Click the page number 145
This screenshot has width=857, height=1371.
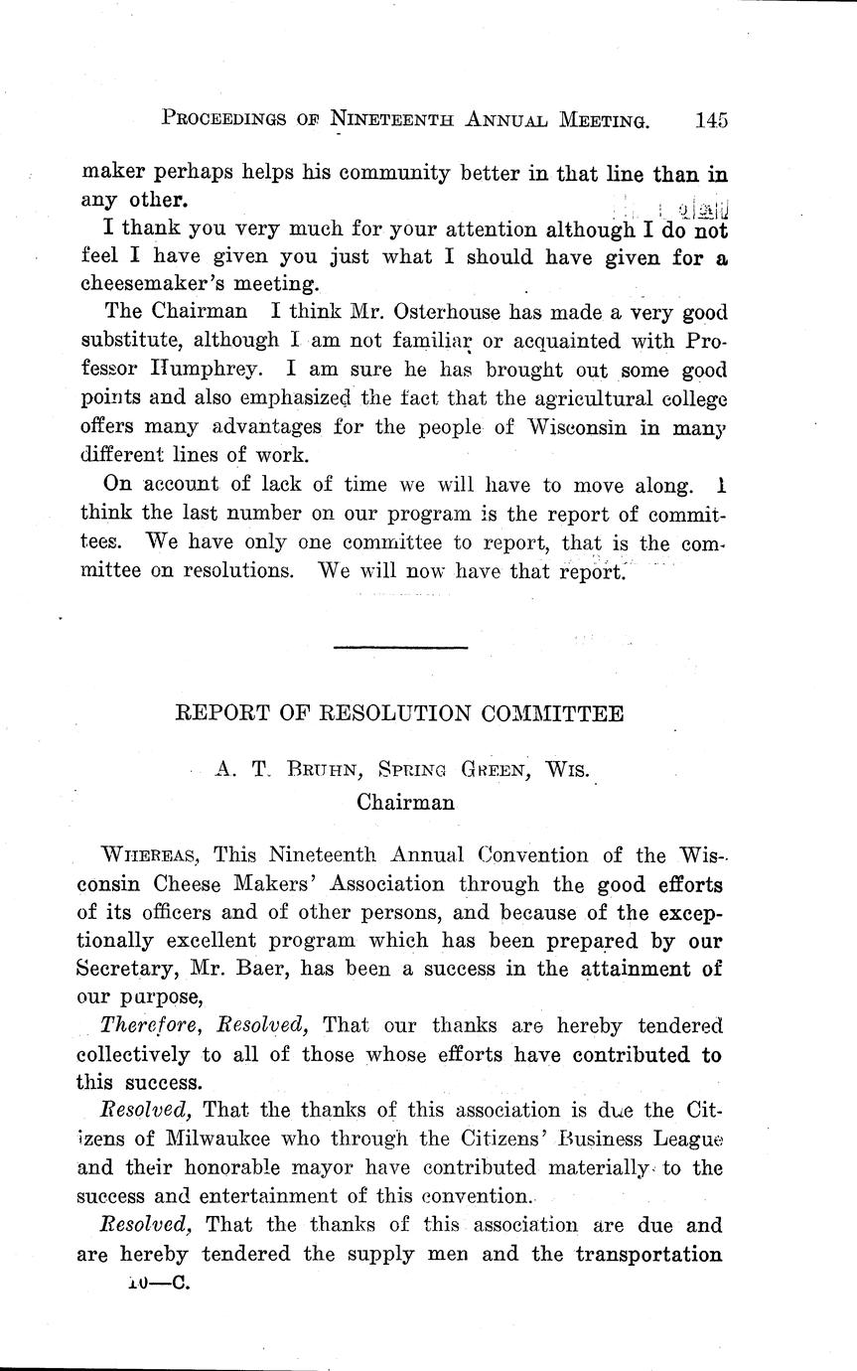(x=712, y=120)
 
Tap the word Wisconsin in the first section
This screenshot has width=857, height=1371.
(x=552, y=427)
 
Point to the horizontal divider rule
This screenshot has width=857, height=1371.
(x=400, y=649)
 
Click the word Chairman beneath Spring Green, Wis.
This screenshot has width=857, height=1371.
(x=405, y=803)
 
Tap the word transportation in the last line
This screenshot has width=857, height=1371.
(x=648, y=1254)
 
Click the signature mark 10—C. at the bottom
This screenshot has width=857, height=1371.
(x=157, y=1283)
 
